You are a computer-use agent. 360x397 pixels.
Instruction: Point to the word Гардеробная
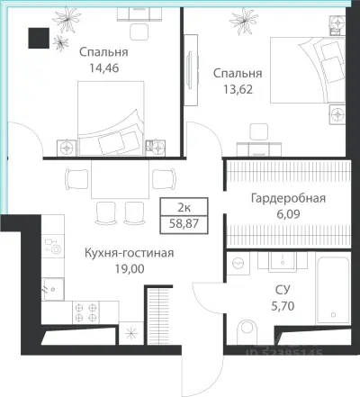pos(287,199)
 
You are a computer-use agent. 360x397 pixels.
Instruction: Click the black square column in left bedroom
pos(39,37)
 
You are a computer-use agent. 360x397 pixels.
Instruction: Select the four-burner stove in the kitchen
pos(89,311)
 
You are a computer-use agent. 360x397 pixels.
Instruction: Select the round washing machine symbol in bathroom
pos(238,263)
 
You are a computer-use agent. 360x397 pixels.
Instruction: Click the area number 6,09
pos(287,215)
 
